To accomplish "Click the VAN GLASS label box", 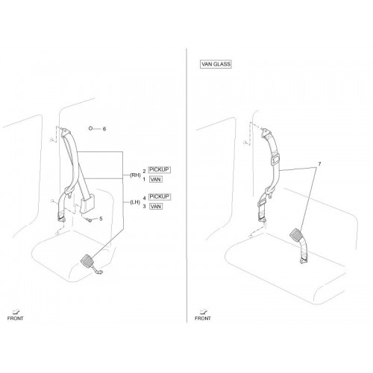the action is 216,64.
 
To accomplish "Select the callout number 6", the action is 104,129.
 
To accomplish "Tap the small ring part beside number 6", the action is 91,128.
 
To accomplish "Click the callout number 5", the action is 101,219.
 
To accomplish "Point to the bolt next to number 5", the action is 89,219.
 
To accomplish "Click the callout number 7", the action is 319,164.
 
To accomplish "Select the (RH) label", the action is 135,175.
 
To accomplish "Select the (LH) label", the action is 135,202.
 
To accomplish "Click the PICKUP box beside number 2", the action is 159,169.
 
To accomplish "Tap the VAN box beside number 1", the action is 156,179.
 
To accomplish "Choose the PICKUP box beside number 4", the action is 159,197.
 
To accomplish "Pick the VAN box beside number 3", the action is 156,207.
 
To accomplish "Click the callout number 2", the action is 144,172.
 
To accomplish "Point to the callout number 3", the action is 144,207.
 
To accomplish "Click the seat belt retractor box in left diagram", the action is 87,203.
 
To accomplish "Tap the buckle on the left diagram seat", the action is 87,260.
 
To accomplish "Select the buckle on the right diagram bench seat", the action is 297,234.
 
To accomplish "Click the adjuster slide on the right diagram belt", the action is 275,159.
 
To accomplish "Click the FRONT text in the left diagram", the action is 15,319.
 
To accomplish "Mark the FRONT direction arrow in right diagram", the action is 204,311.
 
